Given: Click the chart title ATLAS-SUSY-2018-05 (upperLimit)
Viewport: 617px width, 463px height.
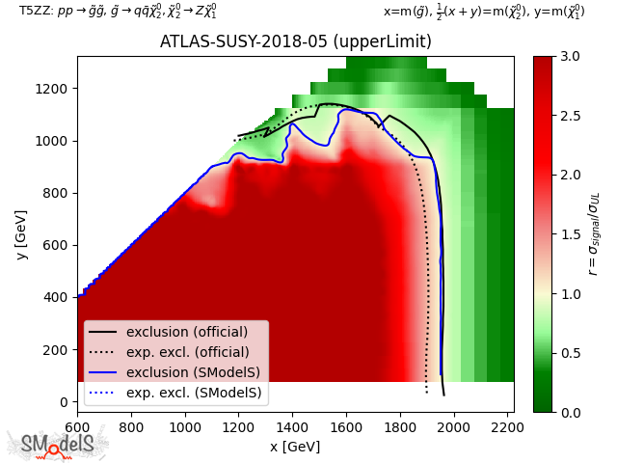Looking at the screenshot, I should [x=295, y=43].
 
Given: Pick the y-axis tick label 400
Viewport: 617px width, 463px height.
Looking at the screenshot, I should [x=56, y=297].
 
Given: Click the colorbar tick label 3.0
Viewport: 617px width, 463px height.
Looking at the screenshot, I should [x=568, y=57].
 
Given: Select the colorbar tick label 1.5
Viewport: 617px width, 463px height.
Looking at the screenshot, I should [x=568, y=234].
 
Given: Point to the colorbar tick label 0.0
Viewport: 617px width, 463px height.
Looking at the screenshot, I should [x=568, y=412].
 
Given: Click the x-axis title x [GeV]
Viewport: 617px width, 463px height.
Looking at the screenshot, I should [x=295, y=446].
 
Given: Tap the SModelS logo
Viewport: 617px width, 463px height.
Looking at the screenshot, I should [x=58, y=444].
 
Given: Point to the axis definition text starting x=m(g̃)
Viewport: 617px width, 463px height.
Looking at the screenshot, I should [x=484, y=12].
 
